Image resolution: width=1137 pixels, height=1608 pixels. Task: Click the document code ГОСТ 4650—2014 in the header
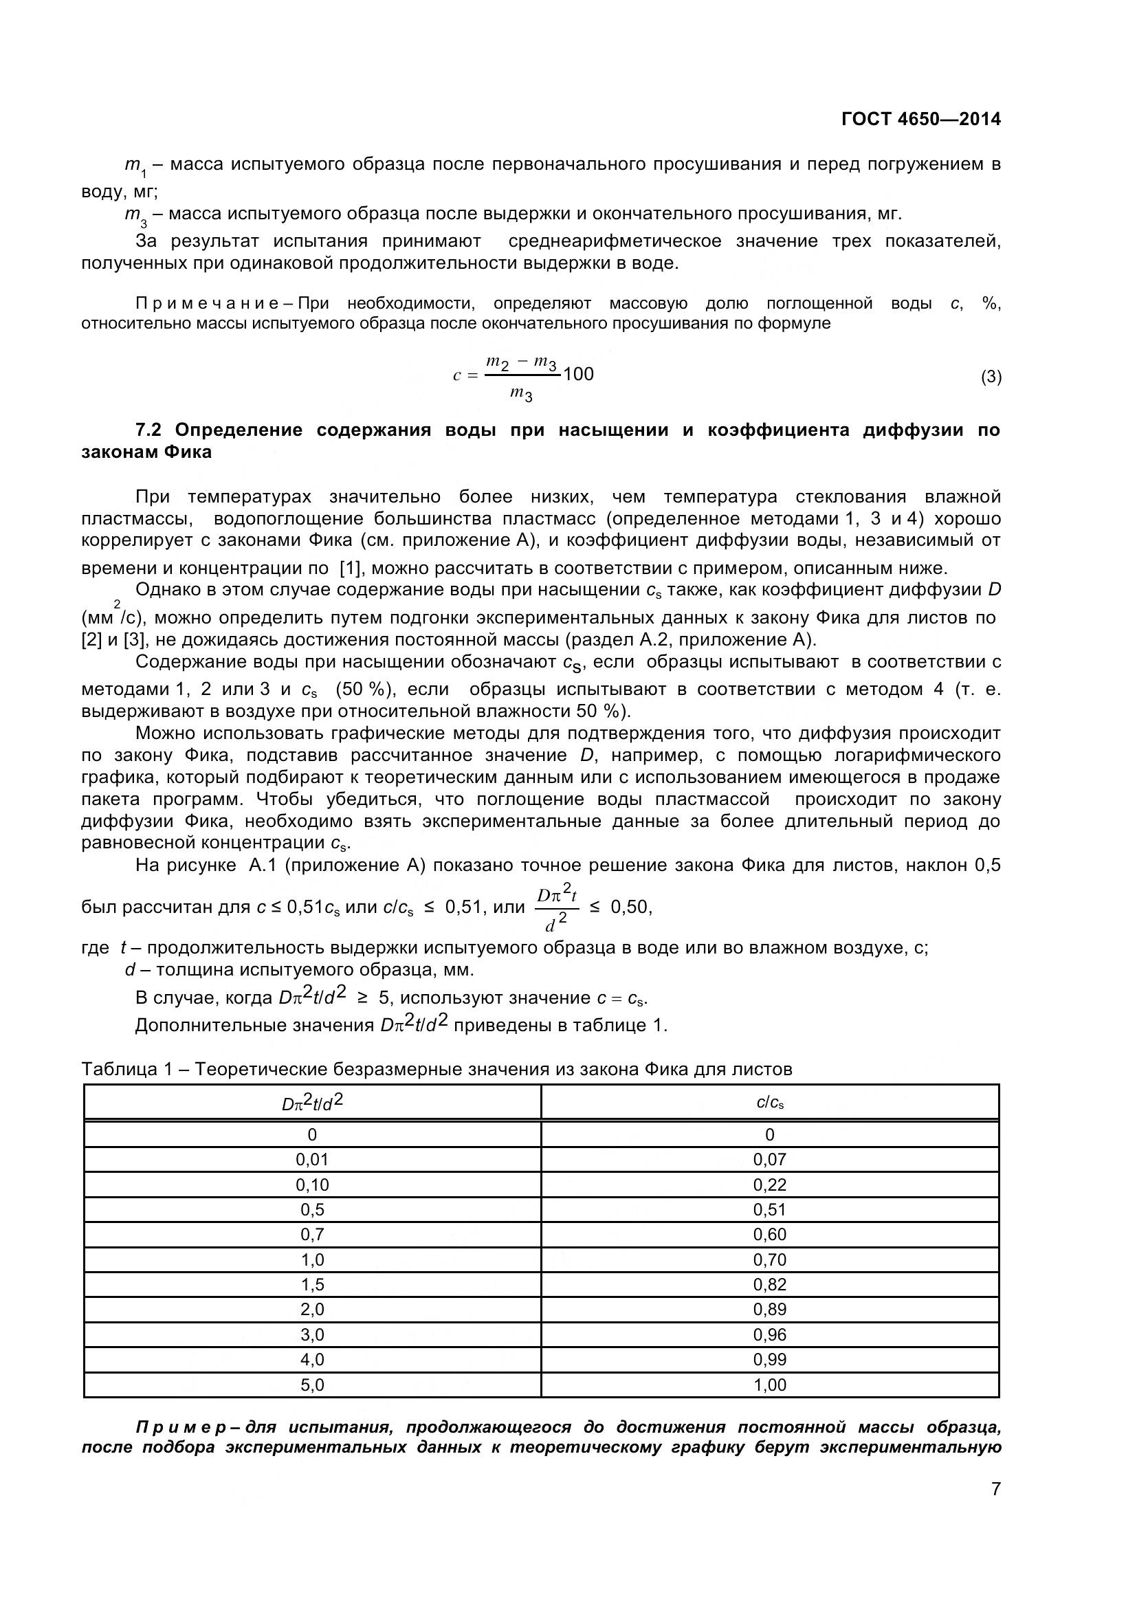pos(920,119)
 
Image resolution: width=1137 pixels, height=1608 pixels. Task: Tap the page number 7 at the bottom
pos(995,1508)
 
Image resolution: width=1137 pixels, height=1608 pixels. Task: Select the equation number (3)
pos(991,377)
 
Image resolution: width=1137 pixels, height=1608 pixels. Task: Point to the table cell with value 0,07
pos(769,1160)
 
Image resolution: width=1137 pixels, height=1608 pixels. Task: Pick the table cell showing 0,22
pos(769,1185)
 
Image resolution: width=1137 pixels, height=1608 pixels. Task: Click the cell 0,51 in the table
pos(769,1209)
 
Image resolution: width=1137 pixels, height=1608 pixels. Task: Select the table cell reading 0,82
pos(769,1284)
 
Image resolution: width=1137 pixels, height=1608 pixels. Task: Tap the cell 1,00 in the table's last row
pos(769,1385)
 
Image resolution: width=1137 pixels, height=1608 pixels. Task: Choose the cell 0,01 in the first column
pos(312,1160)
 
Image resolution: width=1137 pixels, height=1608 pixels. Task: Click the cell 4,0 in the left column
pos(312,1359)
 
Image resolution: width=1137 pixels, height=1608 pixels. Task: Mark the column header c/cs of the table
pos(769,1103)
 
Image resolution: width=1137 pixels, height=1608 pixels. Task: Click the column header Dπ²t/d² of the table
pos(312,1103)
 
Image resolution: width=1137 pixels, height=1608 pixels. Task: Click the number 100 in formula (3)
pos(578,374)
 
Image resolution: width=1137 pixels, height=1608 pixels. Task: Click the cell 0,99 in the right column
pos(769,1359)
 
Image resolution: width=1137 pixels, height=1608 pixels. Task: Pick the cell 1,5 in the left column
pos(312,1284)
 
